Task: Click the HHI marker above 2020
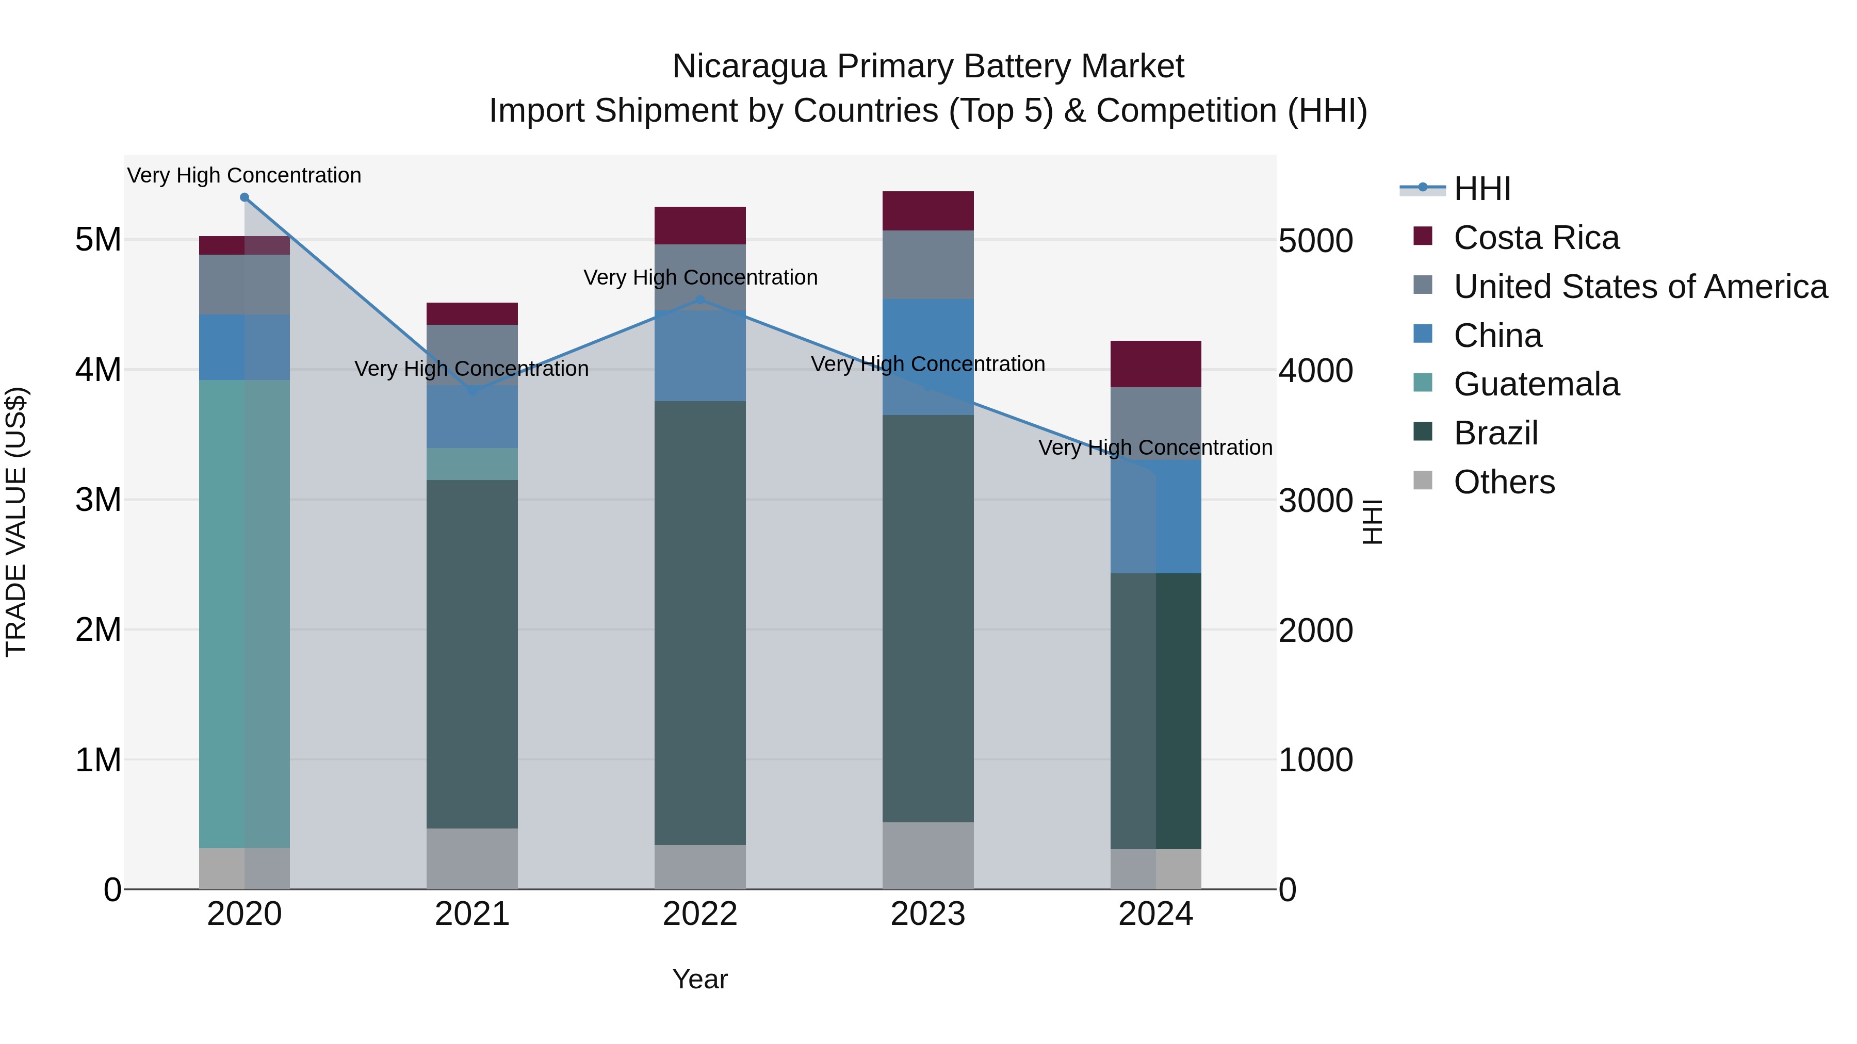click(245, 197)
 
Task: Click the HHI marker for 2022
click(700, 300)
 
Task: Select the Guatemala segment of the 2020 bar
click(245, 612)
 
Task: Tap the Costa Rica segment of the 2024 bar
click(1155, 364)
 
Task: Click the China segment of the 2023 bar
click(928, 357)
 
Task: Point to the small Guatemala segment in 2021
click(472, 464)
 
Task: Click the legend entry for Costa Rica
click(1536, 238)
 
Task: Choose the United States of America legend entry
click(1640, 287)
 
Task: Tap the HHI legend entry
click(1481, 189)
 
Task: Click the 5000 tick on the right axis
click(1315, 241)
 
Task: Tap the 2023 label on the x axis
click(928, 914)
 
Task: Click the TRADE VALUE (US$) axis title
click(16, 522)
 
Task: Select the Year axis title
click(700, 979)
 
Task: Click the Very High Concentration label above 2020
click(245, 175)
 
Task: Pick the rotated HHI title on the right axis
click(1373, 522)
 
